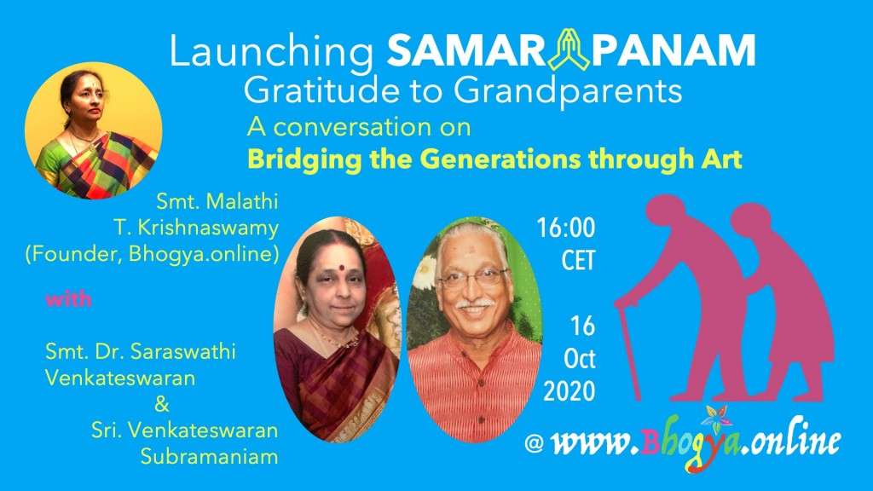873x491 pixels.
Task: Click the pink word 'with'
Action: tap(68, 299)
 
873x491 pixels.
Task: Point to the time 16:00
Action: tap(566, 228)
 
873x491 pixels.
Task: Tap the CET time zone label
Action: tap(579, 261)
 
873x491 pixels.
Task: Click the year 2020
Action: tap(569, 391)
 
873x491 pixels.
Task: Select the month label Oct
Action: tap(580, 359)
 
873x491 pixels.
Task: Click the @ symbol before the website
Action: tap(534, 443)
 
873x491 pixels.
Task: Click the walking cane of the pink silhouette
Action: tap(627, 349)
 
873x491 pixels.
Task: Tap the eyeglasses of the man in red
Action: tap(473, 277)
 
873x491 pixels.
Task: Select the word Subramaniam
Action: tap(210, 457)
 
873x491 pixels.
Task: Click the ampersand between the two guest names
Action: tap(162, 404)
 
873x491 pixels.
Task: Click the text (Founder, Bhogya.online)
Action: tap(152, 254)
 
